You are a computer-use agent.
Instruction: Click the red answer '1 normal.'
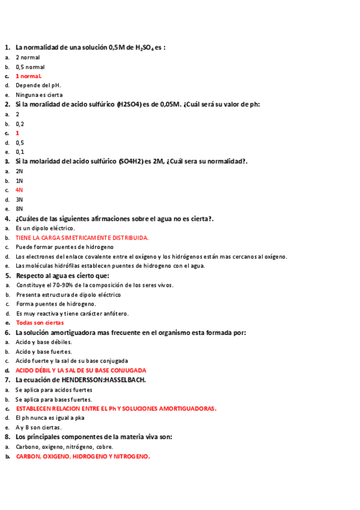tap(28, 76)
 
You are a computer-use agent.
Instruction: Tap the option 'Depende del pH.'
tap(38, 85)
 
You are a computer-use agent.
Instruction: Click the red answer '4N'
tap(19, 190)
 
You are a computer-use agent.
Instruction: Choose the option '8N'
tap(19, 209)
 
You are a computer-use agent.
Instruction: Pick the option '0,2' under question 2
tap(20, 123)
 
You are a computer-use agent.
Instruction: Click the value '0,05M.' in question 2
tap(171, 105)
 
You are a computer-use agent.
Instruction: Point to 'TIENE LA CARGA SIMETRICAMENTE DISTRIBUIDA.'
tap(82, 238)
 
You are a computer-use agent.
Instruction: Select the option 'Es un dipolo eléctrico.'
tap(45, 228)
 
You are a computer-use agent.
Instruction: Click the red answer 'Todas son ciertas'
tap(40, 322)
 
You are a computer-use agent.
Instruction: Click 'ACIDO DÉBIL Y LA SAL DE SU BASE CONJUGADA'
tap(81, 370)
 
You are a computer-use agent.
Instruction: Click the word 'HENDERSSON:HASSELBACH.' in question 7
tap(108, 380)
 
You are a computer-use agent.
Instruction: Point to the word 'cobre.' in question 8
tap(105, 447)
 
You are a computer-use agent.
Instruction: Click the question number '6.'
tap(7, 333)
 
